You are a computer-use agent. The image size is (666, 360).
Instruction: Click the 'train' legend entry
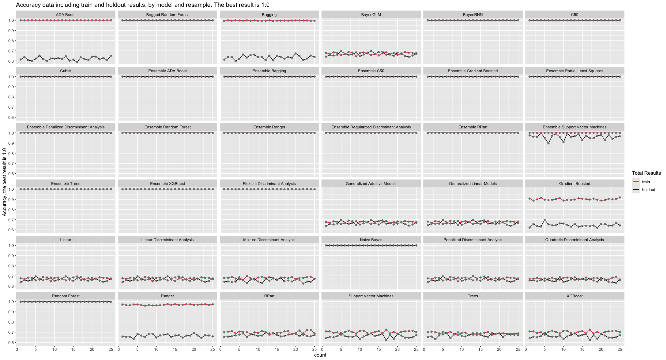point(646,182)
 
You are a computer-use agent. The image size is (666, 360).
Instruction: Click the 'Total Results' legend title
point(646,173)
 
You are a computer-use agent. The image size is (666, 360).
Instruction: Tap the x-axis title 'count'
point(320,355)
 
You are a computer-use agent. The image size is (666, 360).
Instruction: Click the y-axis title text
point(4,182)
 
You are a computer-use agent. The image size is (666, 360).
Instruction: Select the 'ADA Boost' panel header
point(66,15)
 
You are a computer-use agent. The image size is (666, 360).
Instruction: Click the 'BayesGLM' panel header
point(371,15)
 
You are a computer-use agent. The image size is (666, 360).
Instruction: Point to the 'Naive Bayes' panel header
point(371,240)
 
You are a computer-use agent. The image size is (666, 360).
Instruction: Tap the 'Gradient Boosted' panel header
point(574,184)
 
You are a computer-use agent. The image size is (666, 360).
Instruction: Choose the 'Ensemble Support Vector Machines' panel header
point(574,127)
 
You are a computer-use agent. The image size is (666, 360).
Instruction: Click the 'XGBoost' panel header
point(574,296)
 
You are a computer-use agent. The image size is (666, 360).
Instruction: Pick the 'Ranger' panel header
point(168,296)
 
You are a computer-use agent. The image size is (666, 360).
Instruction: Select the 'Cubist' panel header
point(66,71)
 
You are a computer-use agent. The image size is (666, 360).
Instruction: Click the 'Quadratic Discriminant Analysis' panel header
point(574,240)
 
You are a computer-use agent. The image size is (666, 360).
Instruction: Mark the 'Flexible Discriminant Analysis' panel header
point(269,184)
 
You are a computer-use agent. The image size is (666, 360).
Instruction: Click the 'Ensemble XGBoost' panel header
point(168,184)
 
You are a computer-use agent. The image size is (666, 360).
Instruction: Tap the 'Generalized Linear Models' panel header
point(473,184)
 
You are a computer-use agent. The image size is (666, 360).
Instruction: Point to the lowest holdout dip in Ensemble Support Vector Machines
point(548,143)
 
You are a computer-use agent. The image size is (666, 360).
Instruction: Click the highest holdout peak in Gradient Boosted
point(544,220)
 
